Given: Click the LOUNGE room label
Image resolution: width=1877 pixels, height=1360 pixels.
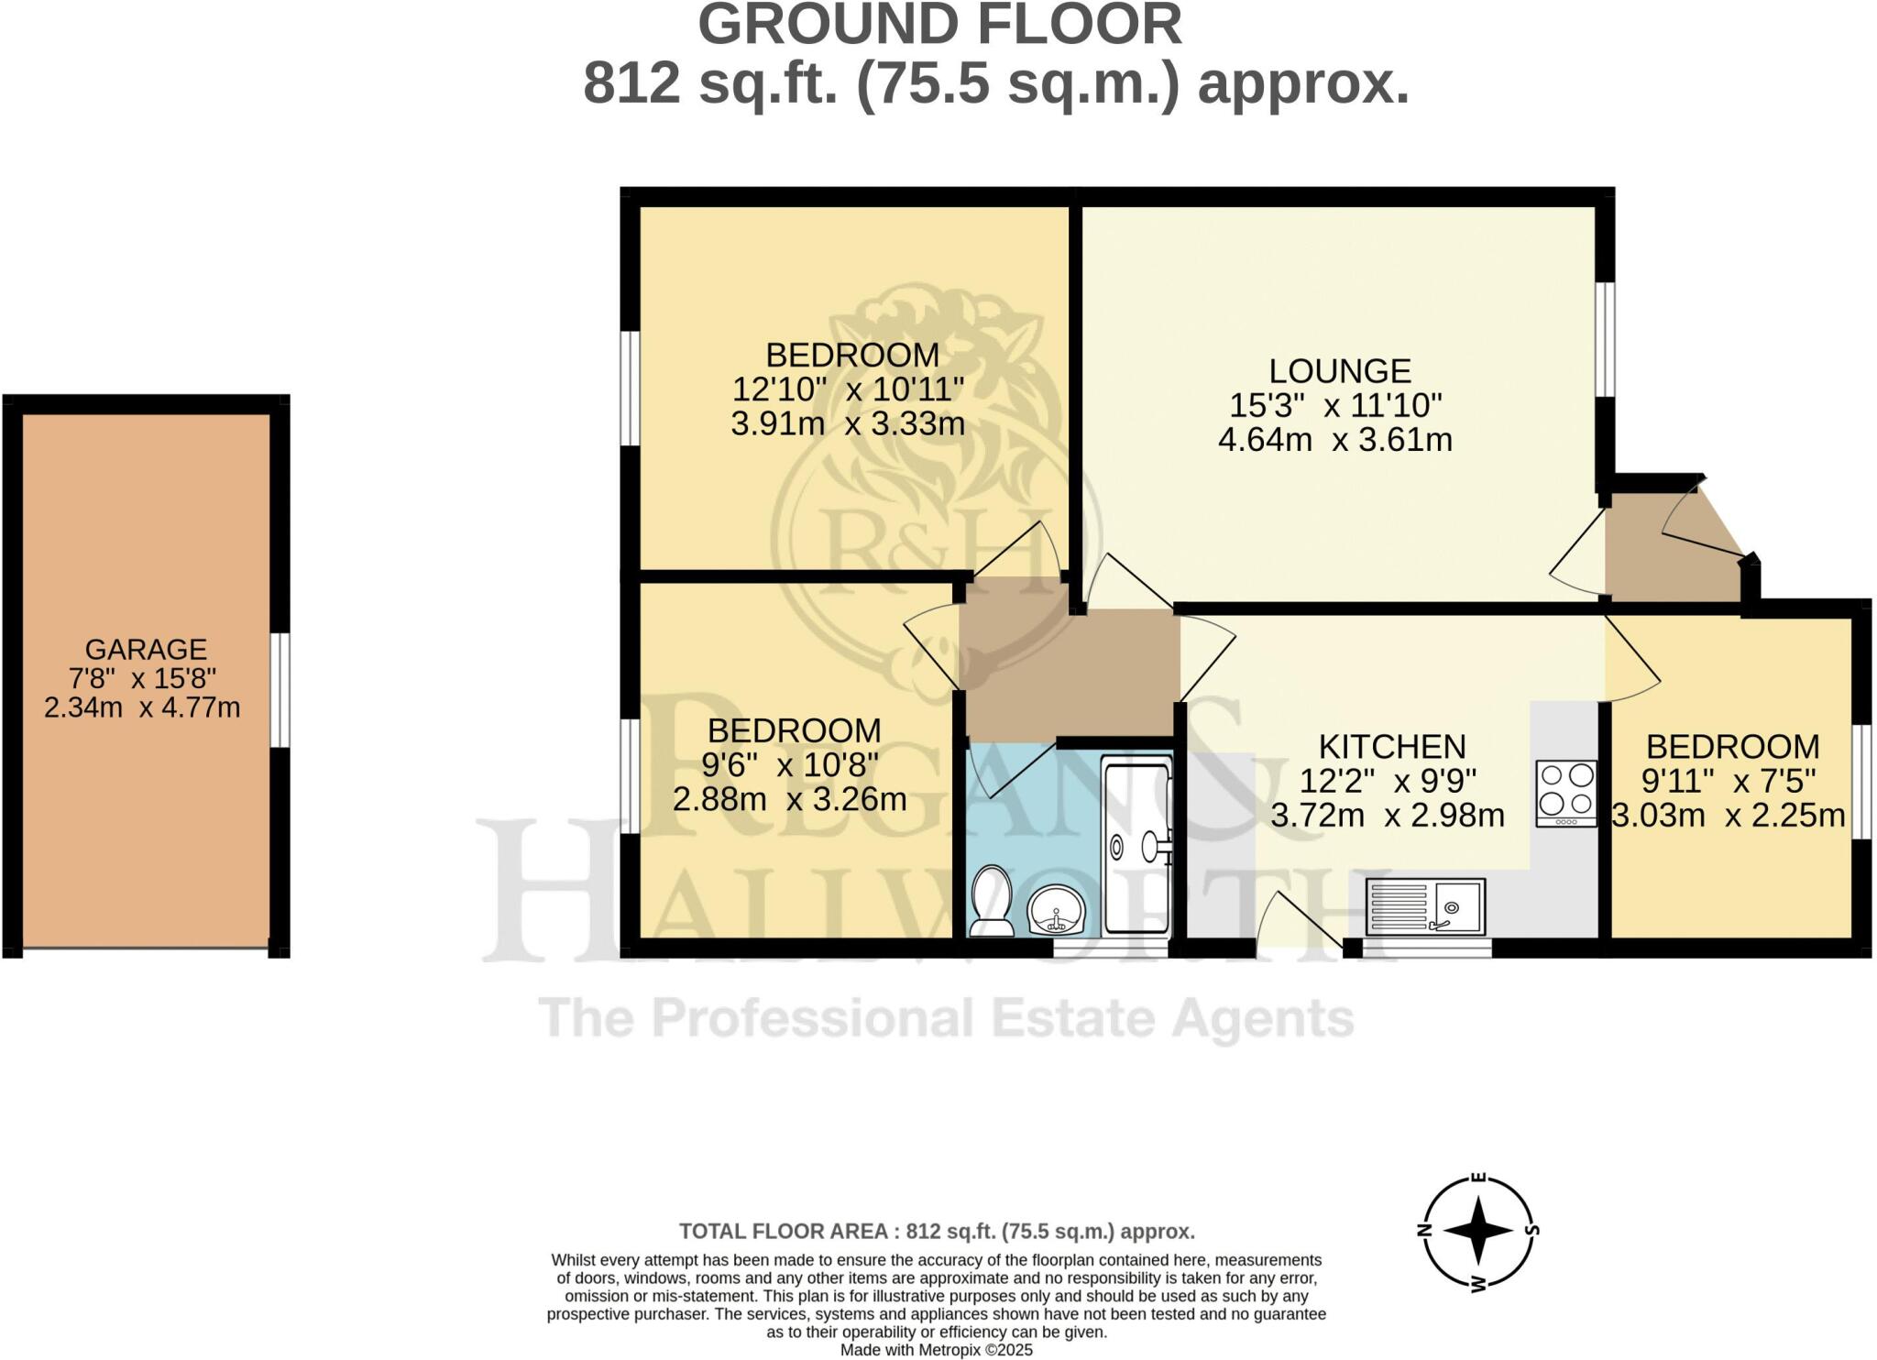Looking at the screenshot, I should (1339, 371).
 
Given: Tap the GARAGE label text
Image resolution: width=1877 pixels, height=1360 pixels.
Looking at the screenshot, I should (146, 649).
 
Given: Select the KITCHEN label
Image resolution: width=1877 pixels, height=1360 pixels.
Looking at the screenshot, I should (1391, 747).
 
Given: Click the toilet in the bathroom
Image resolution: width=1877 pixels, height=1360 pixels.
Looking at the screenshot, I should (991, 901).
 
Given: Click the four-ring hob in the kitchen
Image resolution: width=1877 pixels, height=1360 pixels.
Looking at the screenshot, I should (1566, 794).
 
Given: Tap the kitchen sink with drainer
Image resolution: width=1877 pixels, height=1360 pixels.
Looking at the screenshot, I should (1424, 907).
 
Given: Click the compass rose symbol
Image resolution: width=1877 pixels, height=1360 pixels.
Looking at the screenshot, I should (1477, 1230).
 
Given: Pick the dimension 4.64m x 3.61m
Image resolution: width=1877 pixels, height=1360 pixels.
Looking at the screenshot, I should (1334, 441).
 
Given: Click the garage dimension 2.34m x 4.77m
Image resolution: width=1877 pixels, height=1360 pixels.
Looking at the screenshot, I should (142, 707).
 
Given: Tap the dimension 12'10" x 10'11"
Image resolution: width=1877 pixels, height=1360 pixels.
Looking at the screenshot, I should (848, 390).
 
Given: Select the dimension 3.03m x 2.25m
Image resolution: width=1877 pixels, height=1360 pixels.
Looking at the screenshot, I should (1729, 815).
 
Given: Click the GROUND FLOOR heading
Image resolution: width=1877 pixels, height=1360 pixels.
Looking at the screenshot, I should (939, 25).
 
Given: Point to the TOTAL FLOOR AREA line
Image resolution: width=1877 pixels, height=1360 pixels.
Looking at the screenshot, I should (937, 1231).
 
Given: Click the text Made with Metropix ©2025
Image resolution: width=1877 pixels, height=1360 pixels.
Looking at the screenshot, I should (937, 1350).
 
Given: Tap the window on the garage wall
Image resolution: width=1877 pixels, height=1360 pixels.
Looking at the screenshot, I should (280, 690).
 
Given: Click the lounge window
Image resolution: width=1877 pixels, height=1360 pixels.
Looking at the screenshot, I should (1605, 339).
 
